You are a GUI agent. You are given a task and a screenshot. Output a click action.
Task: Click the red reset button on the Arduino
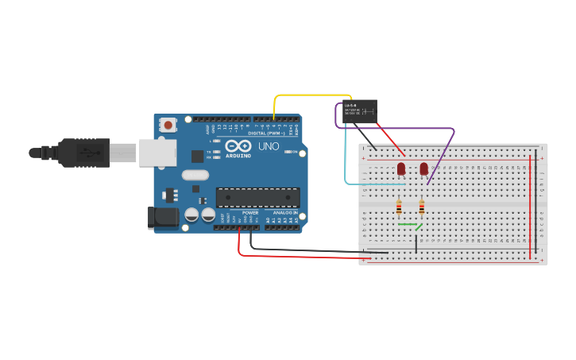coord(168,124)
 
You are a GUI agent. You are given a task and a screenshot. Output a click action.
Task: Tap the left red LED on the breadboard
coord(401,168)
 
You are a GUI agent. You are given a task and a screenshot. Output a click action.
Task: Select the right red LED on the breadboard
coord(423,168)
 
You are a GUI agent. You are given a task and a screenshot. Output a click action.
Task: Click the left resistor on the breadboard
coord(399,207)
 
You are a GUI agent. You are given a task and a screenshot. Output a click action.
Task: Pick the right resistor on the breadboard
coord(421,207)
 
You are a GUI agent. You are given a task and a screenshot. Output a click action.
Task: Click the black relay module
coord(359,111)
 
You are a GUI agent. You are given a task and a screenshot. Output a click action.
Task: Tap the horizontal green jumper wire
coord(408,225)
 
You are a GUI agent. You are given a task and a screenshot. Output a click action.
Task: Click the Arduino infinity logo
coord(237,146)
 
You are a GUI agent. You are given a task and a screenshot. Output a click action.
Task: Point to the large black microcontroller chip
coord(257,198)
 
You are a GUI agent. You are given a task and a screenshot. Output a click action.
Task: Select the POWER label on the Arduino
coord(250,213)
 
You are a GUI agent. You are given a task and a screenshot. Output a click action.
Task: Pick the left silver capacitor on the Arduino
coord(191,215)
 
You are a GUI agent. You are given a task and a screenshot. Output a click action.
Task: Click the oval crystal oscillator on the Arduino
coord(195,175)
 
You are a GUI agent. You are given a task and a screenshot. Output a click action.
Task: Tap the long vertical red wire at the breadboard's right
coord(531,207)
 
